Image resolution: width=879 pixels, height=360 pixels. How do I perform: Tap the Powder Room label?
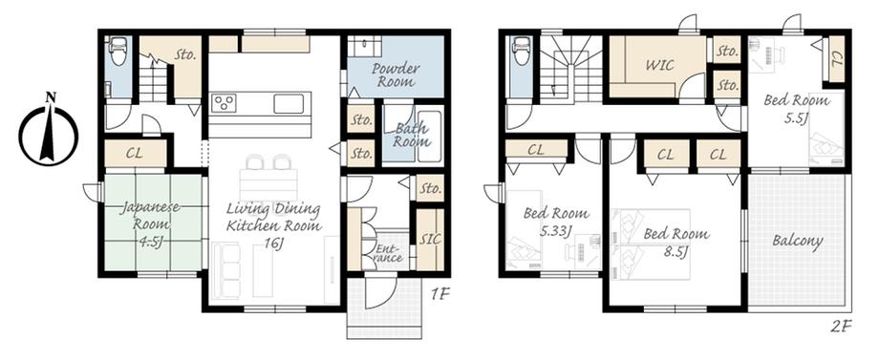tap(396, 75)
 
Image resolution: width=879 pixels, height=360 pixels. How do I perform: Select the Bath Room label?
tap(412, 135)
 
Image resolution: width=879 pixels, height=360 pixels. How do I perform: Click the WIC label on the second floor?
tap(659, 65)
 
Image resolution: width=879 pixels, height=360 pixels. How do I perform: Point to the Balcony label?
tap(797, 242)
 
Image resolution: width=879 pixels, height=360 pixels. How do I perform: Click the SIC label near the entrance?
tap(430, 239)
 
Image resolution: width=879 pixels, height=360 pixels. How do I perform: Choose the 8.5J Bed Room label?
tap(676, 242)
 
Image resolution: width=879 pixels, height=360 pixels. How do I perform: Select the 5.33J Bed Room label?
tap(556, 222)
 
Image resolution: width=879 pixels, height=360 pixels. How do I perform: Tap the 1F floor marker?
tap(441, 294)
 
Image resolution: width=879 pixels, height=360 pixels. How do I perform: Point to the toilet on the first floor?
tap(118, 52)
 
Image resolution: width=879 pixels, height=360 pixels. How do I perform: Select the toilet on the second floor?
tap(522, 52)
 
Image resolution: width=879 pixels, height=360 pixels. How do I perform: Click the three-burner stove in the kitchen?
tap(224, 103)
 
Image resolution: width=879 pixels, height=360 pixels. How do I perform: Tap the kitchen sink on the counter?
tap(289, 103)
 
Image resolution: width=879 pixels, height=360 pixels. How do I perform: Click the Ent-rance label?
tap(387, 252)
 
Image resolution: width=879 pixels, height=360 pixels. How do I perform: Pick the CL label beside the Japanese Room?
tap(135, 154)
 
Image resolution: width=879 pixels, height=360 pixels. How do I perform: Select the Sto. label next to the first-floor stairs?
tap(185, 54)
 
